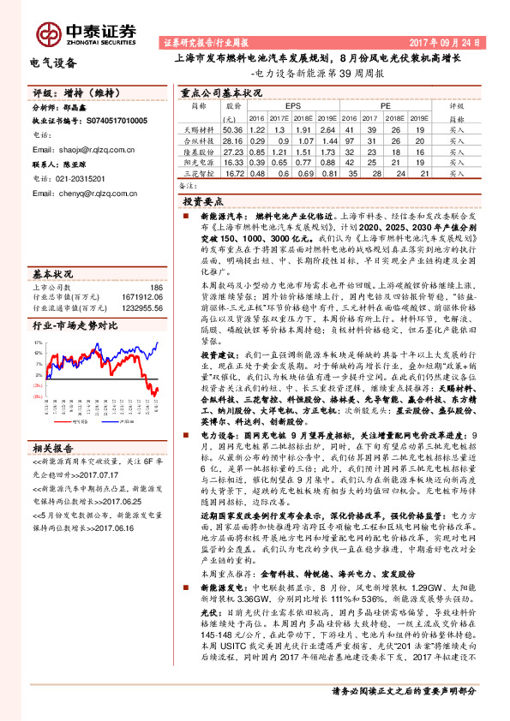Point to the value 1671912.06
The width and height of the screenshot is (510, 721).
pyautogui.click(x=139, y=296)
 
